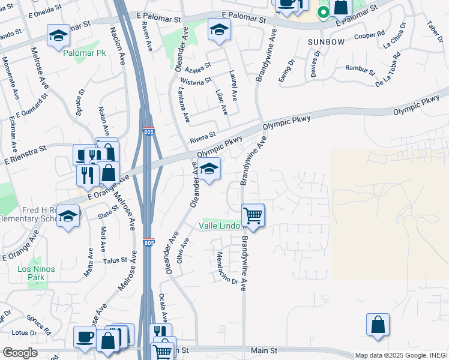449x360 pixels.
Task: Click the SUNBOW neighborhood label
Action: [326, 42]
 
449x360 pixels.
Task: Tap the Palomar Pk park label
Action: [81, 52]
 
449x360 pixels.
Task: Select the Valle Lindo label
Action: [220, 226]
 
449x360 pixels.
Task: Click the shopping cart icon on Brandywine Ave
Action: [253, 215]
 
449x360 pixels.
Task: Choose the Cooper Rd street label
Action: [369, 35]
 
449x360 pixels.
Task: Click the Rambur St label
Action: [360, 70]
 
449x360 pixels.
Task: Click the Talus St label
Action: [115, 260]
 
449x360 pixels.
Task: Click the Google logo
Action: [20, 353]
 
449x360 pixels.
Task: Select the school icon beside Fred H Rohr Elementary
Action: [69, 217]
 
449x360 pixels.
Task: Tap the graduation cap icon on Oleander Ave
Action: [209, 170]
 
